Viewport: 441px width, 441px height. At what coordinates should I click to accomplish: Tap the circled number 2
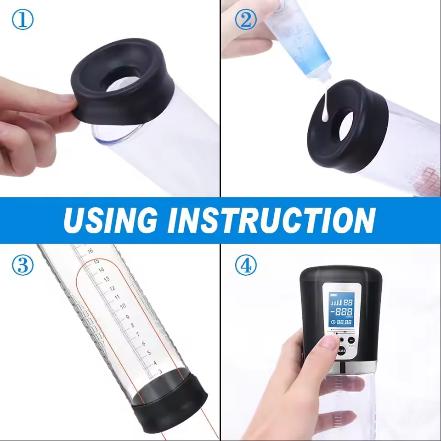[245, 21]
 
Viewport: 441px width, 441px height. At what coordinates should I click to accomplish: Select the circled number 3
[22, 266]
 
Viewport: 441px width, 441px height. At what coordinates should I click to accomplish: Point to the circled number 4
[246, 266]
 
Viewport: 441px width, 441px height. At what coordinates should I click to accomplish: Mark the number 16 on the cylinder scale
[90, 251]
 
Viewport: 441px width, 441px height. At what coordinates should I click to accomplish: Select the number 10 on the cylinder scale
[123, 306]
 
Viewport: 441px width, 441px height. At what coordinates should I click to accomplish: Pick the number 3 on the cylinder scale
[159, 371]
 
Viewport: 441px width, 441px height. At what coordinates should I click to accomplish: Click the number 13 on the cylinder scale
[106, 279]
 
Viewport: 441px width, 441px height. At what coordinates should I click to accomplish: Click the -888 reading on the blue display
[343, 312]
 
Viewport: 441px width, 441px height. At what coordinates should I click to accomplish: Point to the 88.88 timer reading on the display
[345, 322]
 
